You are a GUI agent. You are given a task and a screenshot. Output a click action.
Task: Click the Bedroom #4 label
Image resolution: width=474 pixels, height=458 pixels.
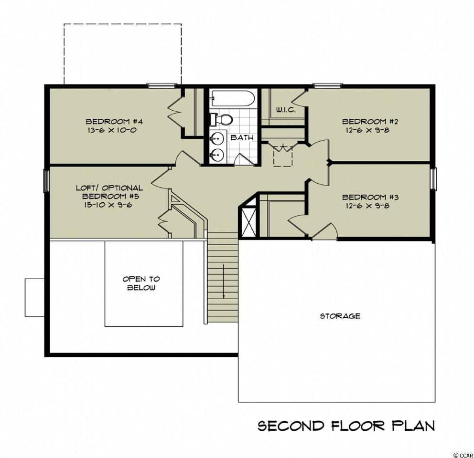(114, 122)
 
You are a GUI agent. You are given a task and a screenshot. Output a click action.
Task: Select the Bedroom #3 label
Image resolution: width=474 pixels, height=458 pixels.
(370, 198)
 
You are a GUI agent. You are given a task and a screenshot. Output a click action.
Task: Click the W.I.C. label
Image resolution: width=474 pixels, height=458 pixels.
(286, 110)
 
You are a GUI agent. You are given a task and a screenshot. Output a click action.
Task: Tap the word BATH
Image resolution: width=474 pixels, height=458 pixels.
(242, 138)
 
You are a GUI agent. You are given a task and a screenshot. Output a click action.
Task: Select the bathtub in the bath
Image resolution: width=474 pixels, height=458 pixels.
(232, 98)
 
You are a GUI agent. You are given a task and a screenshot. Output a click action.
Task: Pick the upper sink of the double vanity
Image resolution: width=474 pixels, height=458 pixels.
(216, 139)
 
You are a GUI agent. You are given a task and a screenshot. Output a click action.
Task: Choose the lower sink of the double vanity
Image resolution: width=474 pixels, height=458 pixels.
(216, 155)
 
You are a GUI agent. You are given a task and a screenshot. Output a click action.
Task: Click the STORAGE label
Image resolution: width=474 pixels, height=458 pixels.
(340, 316)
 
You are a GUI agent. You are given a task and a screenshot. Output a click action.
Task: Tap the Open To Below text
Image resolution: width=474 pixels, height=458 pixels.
(141, 283)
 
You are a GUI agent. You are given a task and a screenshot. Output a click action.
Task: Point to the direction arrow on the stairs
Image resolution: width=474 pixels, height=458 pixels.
(224, 281)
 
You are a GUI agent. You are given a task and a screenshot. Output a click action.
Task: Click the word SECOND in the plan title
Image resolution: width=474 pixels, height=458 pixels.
(291, 426)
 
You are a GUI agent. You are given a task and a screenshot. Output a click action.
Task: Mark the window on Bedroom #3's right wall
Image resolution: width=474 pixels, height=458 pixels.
(433, 179)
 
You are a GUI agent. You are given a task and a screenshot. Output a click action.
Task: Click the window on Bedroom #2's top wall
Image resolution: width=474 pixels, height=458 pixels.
(327, 86)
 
